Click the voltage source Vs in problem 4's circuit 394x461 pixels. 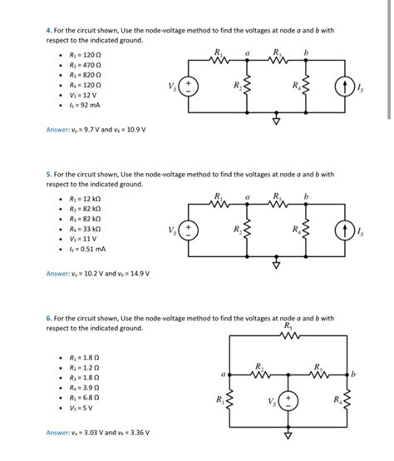(x=189, y=86)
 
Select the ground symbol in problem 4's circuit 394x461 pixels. (x=278, y=118)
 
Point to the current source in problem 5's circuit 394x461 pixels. (x=341, y=229)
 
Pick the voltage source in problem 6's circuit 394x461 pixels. (x=290, y=401)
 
